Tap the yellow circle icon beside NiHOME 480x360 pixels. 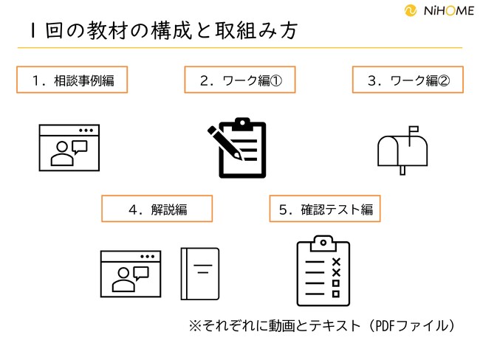[x=411, y=12]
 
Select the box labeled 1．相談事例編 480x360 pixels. [x=72, y=80]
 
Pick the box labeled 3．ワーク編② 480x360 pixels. [x=408, y=80]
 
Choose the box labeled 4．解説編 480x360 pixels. [x=157, y=209]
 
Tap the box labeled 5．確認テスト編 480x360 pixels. [x=325, y=209]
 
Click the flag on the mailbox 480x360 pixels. [x=412, y=131]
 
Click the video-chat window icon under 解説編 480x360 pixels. [x=130, y=273]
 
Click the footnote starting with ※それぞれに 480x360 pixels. [x=321, y=325]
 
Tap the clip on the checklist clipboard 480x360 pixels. [x=323, y=241]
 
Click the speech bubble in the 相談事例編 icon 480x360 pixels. [x=80, y=146]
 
